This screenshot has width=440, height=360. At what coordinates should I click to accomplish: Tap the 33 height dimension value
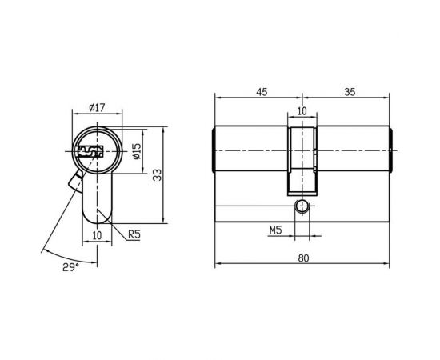tap(158, 174)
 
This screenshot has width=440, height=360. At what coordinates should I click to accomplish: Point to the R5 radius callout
tap(135, 234)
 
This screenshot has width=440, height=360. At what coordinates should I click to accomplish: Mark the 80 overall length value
tap(303, 258)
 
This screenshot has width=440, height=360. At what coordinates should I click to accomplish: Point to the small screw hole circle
tap(301, 206)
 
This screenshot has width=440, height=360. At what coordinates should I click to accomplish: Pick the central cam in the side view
tap(301, 160)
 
